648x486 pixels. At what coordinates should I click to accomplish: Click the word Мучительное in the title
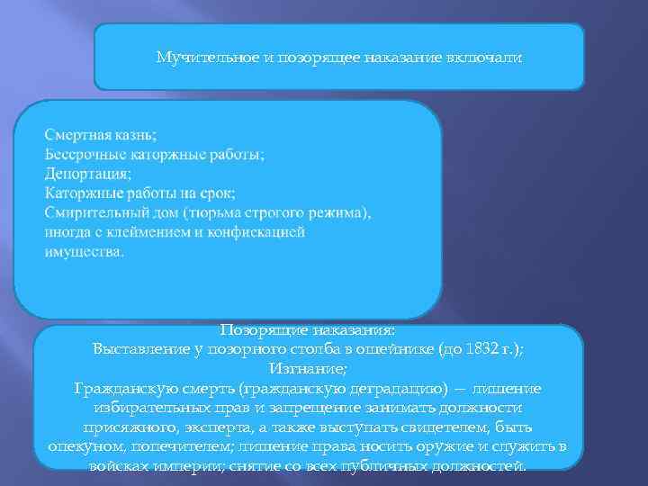point(195,58)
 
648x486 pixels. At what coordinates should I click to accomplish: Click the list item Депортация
point(87,174)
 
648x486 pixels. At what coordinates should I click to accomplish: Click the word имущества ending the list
point(84,251)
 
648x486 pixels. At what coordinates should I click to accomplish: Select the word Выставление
point(139,350)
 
